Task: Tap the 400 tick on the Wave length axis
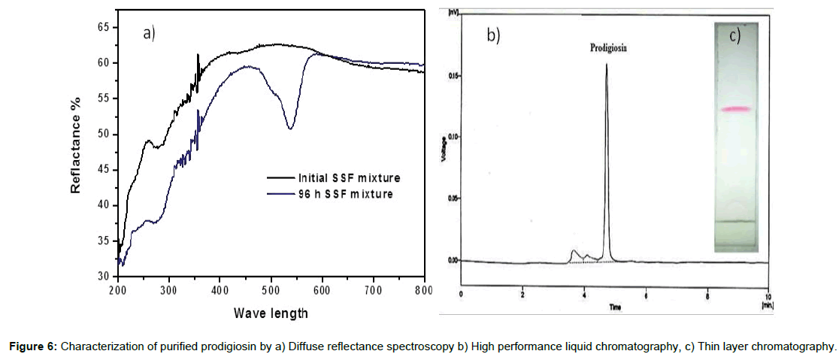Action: (x=220, y=289)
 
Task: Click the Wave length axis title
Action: (x=270, y=312)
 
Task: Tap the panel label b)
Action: (x=493, y=35)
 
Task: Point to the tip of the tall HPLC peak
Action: (x=606, y=65)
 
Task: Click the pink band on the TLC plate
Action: (x=736, y=110)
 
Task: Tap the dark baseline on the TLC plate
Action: (x=736, y=221)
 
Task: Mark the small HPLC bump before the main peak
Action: (x=574, y=252)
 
